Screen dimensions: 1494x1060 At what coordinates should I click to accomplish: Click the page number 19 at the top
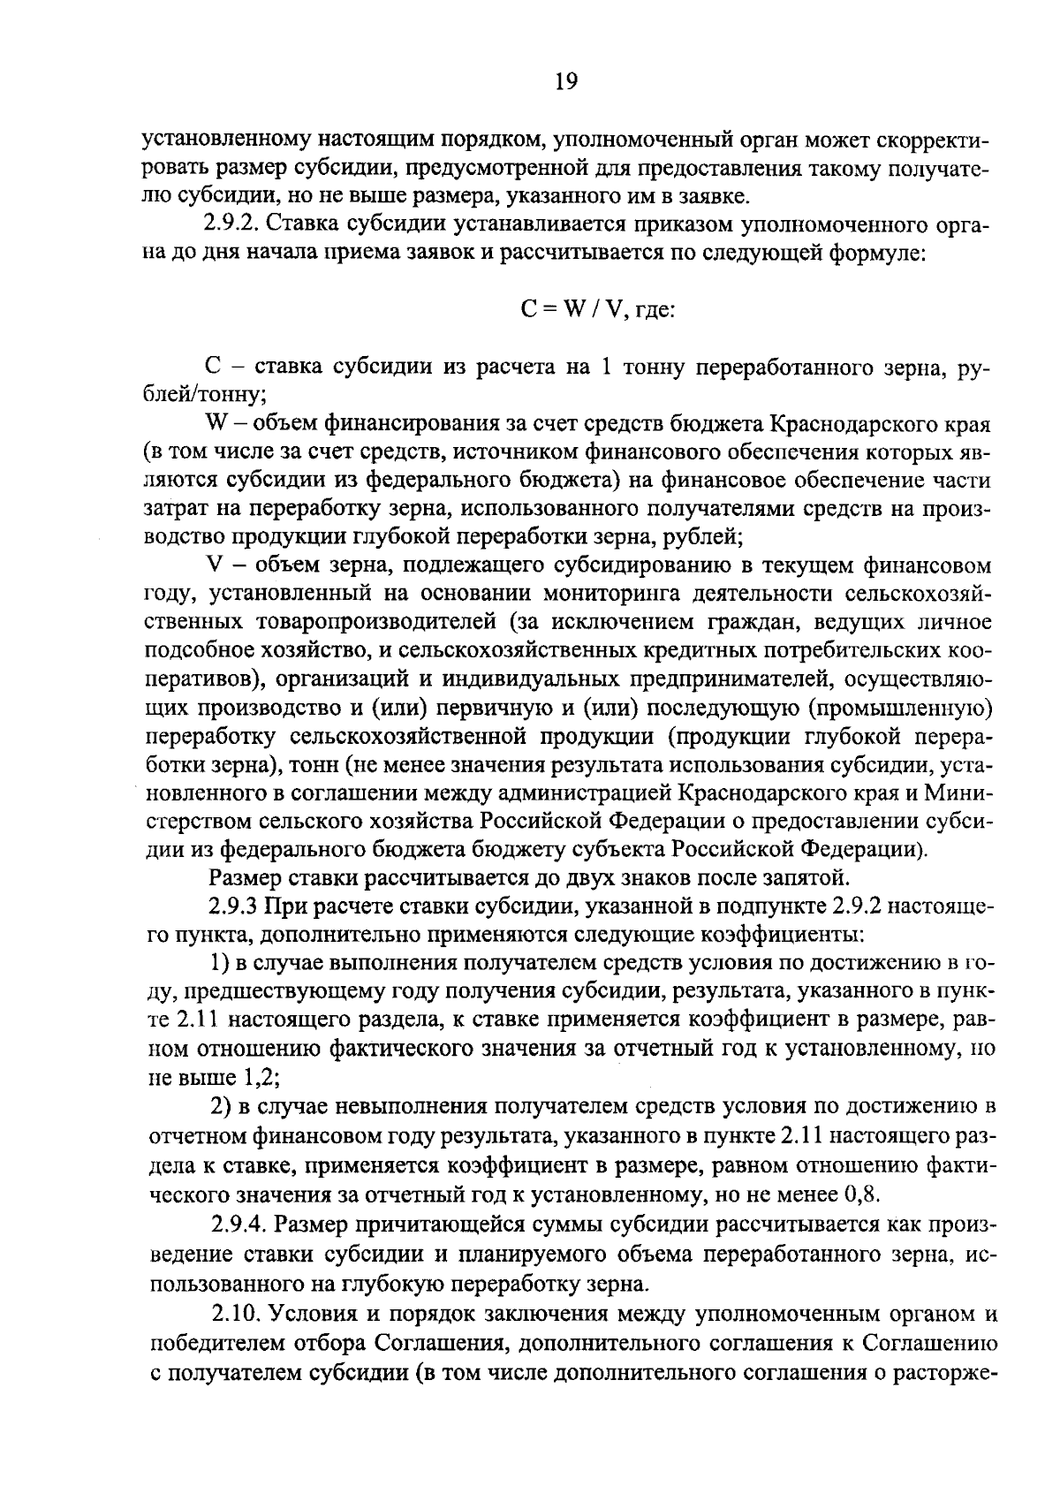[x=565, y=82]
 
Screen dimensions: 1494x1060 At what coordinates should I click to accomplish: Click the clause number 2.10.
[x=237, y=1314]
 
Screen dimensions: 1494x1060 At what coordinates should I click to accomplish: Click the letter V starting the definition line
[x=212, y=565]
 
